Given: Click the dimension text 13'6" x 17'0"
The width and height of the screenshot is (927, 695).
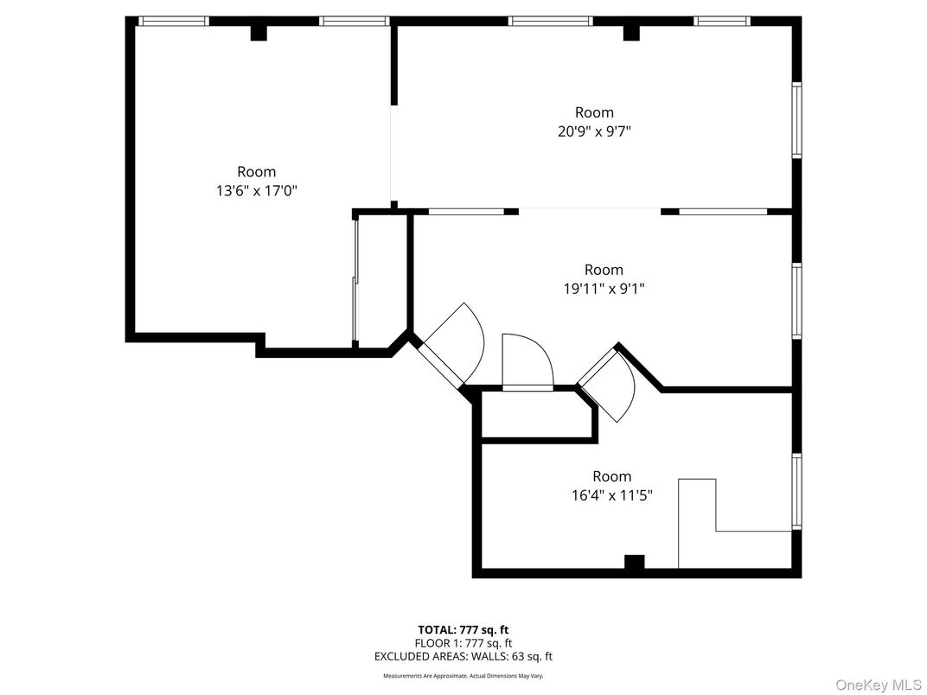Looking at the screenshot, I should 257,191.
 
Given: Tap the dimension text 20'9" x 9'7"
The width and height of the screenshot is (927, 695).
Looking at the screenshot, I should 594,131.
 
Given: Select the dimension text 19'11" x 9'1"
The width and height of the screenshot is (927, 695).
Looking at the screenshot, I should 603,290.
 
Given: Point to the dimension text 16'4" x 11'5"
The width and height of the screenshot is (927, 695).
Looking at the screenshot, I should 611,495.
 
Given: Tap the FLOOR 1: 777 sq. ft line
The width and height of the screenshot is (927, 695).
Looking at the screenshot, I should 463,643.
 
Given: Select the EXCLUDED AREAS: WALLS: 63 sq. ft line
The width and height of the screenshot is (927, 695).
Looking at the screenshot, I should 463,657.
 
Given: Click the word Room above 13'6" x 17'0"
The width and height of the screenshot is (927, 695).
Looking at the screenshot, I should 257,172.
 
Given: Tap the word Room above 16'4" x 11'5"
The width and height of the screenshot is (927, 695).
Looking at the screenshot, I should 611,476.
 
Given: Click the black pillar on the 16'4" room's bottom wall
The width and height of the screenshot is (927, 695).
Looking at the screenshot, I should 634,562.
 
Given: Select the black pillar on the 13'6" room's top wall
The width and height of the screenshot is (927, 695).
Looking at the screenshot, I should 259,32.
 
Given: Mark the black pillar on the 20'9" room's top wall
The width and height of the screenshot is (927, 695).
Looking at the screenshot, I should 631,32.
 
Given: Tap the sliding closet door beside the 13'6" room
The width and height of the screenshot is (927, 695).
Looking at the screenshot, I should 355,281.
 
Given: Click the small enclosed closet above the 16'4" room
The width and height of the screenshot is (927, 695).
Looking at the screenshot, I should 536,416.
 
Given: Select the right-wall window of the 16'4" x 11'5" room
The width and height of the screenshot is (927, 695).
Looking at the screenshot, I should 796,490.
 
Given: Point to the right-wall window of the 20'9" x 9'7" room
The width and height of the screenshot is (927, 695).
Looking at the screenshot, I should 796,120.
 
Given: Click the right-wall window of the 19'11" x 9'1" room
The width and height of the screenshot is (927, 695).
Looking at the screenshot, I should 796,299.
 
